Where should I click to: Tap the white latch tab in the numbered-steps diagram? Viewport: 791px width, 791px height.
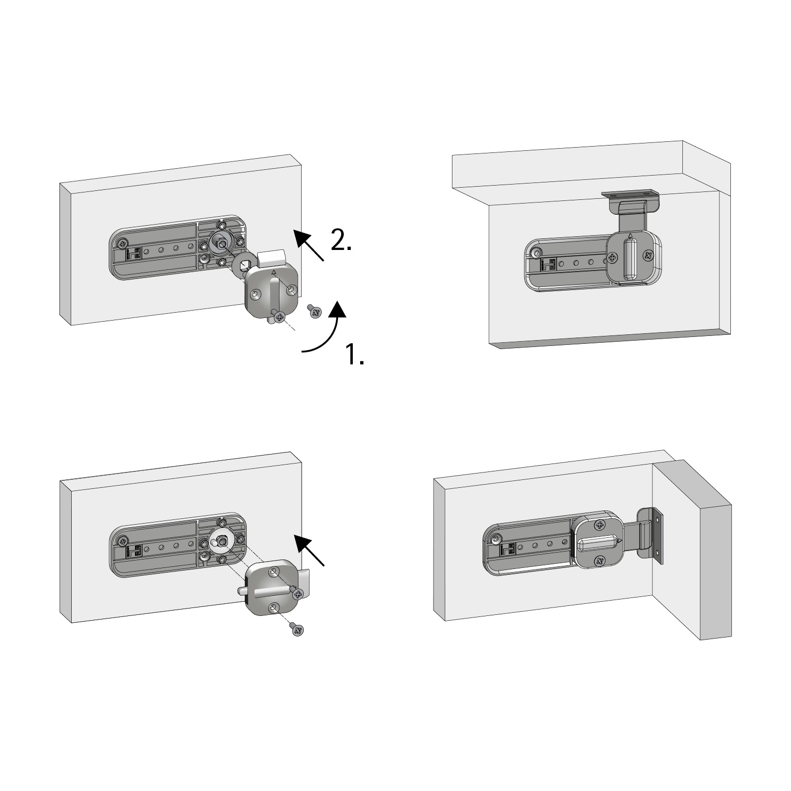tap(272, 258)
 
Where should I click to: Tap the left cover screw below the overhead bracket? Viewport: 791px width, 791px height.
tap(613, 258)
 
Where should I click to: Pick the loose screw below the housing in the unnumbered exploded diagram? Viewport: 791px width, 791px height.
tap(298, 629)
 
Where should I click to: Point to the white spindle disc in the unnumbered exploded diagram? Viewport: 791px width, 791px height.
tap(221, 540)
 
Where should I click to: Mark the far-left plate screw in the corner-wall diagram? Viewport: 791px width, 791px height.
tap(496, 538)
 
